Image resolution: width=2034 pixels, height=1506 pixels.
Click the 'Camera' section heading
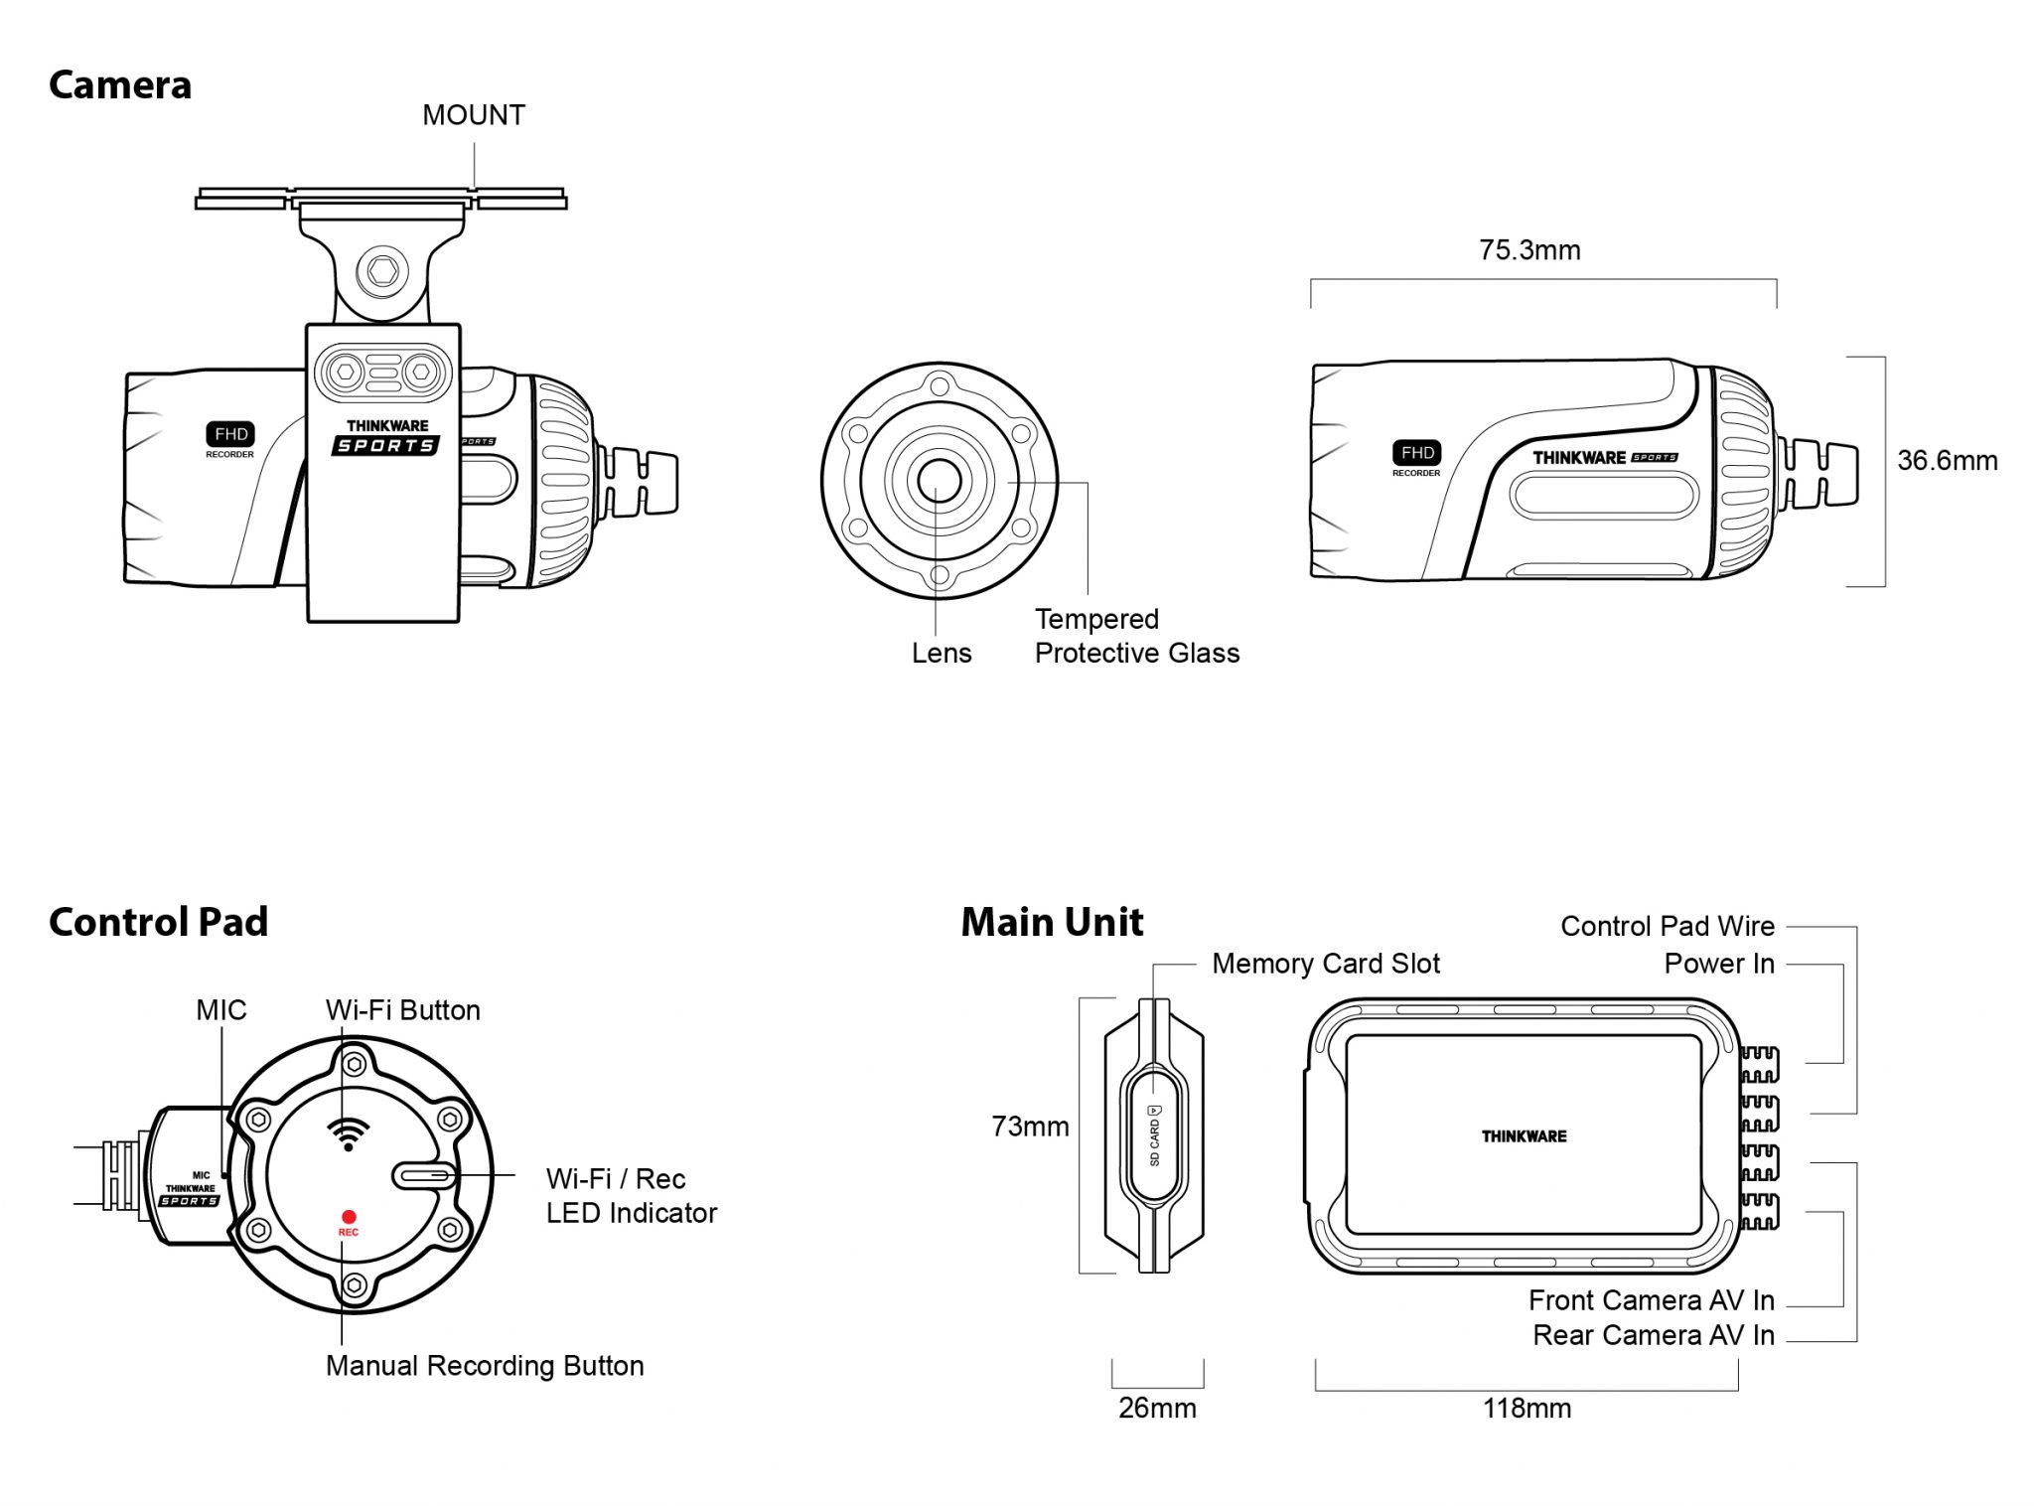[x=119, y=85]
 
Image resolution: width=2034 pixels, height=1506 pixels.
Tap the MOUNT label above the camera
[x=474, y=115]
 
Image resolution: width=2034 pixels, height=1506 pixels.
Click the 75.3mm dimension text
[x=1529, y=250]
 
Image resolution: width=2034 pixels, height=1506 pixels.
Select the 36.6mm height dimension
[x=1947, y=461]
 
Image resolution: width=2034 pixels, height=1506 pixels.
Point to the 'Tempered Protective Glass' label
[x=1136, y=636]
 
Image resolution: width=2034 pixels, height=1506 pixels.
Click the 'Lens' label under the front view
[x=942, y=653]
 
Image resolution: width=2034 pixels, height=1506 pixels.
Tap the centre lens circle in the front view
[x=939, y=481]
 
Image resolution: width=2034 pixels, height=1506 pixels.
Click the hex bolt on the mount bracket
[x=382, y=269]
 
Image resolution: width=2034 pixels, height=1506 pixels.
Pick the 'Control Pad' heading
[x=158, y=922]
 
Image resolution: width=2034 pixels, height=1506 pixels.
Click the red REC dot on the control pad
[x=349, y=1217]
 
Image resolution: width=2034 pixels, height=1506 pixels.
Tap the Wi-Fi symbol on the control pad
[x=349, y=1133]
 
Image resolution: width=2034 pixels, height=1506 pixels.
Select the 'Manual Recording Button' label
[x=485, y=1366]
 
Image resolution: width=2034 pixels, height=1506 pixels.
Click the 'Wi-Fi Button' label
[x=402, y=1010]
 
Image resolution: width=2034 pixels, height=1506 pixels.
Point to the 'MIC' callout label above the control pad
[x=220, y=1010]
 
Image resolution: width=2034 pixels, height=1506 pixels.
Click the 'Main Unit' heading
[x=1052, y=922]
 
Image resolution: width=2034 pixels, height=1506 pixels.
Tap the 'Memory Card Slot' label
[x=1325, y=964]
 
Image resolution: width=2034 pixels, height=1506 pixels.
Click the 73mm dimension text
[x=1030, y=1127]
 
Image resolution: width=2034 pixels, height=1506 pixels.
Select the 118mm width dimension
[x=1526, y=1409]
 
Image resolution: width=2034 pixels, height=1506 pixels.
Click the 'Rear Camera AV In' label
[x=1653, y=1335]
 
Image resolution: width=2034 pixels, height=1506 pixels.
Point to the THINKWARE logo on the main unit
[x=1524, y=1136]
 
